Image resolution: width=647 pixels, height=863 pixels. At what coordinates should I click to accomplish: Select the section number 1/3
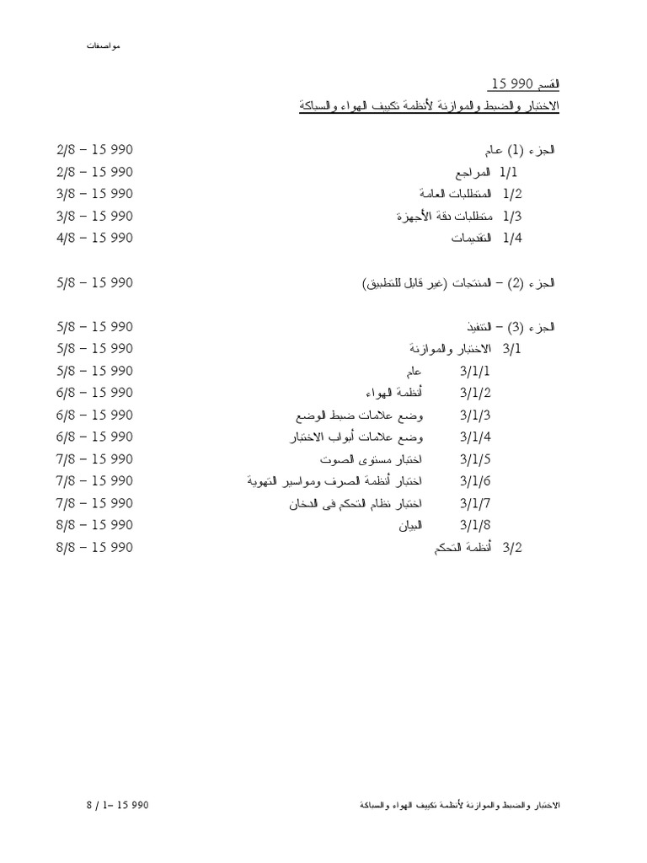513,216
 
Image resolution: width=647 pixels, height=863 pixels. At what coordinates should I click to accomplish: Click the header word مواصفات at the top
103,44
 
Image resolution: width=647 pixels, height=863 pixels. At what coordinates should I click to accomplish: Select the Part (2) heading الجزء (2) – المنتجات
458,283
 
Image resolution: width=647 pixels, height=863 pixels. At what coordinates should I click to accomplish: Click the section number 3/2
512,547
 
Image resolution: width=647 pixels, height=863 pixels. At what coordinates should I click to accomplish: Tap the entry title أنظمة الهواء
394,393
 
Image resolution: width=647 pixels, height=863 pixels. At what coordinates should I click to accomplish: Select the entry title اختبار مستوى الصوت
371,458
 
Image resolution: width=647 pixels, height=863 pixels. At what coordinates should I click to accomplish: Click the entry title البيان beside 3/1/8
409,525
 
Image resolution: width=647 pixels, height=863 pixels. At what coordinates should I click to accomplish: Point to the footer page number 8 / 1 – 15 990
116,806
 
